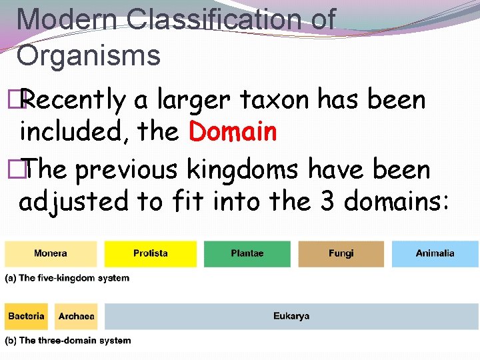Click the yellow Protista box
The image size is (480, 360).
point(151,254)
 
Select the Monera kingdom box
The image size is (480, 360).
point(51,254)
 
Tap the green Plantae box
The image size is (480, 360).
point(247,254)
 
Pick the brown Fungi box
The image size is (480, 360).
point(341,254)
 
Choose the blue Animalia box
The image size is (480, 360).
point(435,254)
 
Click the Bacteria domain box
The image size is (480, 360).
point(27,316)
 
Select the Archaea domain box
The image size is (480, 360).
point(77,316)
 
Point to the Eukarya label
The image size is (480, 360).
point(291,316)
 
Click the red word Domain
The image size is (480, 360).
point(233,132)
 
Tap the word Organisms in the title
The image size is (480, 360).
point(89,55)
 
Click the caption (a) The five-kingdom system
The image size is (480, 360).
point(67,278)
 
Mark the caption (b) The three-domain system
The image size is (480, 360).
point(68,341)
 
